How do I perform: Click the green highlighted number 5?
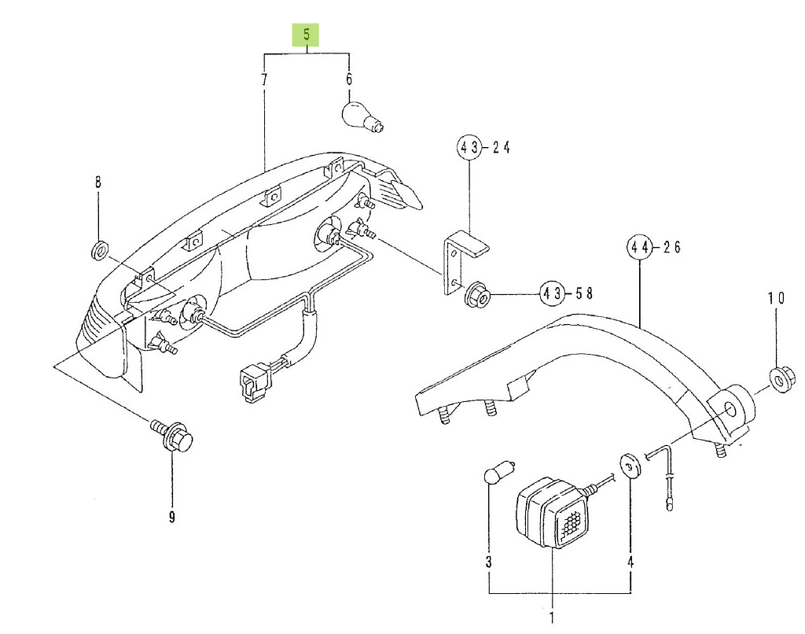coord(306,36)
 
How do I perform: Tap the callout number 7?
coord(264,79)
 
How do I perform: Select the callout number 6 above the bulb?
coord(348,79)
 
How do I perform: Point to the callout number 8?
coord(98,182)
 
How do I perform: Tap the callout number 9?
coord(171,516)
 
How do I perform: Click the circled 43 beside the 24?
coord(469,147)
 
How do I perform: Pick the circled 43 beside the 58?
coord(552,294)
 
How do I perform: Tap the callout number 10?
coord(776,297)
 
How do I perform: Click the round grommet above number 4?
coord(630,466)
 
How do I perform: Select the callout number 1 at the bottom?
coord(551,617)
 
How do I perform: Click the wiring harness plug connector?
coord(248,382)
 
